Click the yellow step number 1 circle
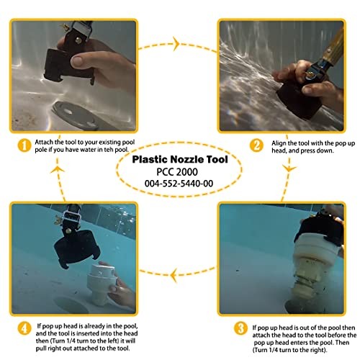(x=24, y=145)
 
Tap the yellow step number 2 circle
(x=256, y=145)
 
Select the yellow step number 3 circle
(x=240, y=328)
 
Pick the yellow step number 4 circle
(x=24, y=328)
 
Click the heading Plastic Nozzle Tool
(x=180, y=160)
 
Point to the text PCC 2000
(x=177, y=172)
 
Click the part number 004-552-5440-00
(x=179, y=184)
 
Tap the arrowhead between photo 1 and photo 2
(x=176, y=44)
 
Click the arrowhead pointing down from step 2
(x=289, y=168)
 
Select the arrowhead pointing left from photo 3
(x=174, y=274)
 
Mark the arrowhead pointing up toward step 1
(x=58, y=169)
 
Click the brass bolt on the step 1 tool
(x=78, y=40)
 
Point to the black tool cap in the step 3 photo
(x=319, y=229)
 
